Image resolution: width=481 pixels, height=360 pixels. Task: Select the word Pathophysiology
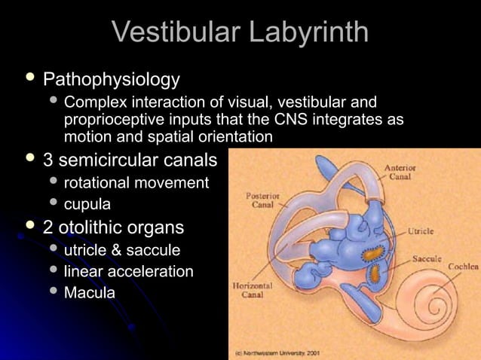112,79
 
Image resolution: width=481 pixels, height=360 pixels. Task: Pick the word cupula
87,204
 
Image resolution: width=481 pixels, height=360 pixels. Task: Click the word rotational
96,182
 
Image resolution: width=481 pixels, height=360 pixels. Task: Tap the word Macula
89,292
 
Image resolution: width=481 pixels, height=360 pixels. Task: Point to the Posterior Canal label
263,200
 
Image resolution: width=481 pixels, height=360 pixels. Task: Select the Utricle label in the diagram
420,231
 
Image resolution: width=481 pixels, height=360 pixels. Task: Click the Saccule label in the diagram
426,258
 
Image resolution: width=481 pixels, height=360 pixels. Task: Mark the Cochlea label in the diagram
462,267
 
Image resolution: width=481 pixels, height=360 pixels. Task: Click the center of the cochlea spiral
435,310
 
